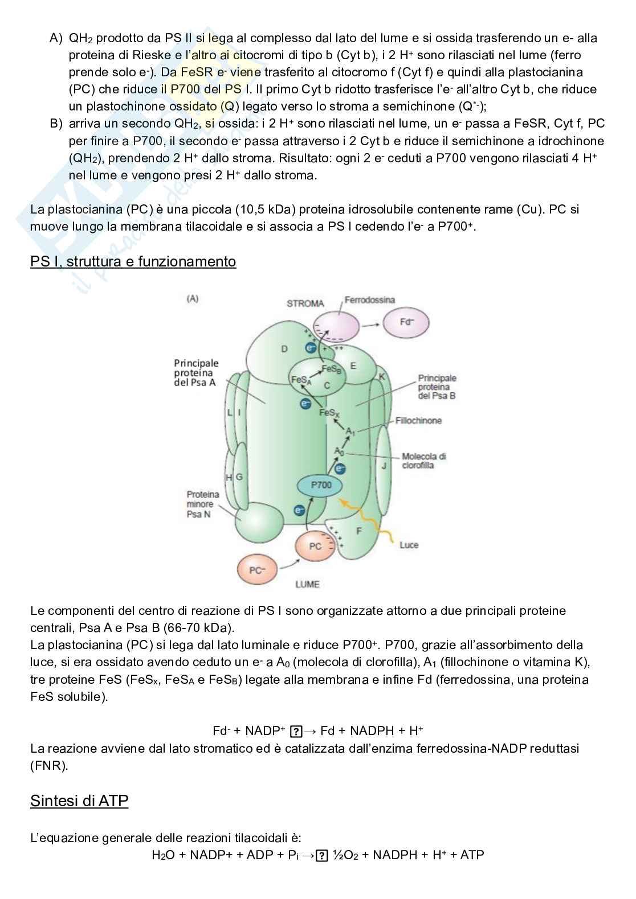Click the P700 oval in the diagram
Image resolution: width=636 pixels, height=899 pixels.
coord(321,485)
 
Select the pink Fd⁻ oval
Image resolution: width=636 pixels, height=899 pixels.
coord(406,322)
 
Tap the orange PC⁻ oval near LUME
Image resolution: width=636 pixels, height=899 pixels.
coord(256,570)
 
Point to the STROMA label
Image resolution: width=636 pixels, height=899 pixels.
coord(305,303)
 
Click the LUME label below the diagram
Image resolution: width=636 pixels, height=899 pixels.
coord(307,584)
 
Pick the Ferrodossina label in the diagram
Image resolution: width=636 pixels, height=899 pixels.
coord(369,300)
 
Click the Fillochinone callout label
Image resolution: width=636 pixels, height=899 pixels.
coord(418,421)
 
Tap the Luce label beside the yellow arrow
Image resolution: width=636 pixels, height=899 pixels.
coord(409,545)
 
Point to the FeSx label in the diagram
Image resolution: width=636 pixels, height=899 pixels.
coord(328,413)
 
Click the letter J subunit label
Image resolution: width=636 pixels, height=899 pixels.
coord(384,466)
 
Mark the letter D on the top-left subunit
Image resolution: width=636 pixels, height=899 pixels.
coord(284,349)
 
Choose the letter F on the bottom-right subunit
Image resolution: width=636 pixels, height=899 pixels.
coord(358,531)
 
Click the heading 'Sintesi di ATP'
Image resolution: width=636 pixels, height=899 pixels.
coord(79,801)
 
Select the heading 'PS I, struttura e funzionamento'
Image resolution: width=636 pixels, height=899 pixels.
coord(133,261)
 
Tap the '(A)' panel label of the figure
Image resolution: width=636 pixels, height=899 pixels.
coord(193,298)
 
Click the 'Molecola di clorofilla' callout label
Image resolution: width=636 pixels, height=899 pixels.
coord(423,461)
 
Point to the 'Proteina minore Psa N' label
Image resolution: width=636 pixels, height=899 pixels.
coord(203,504)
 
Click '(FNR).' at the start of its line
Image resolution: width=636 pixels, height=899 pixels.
coord(49,765)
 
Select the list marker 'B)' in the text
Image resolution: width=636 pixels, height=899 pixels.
coord(56,124)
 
